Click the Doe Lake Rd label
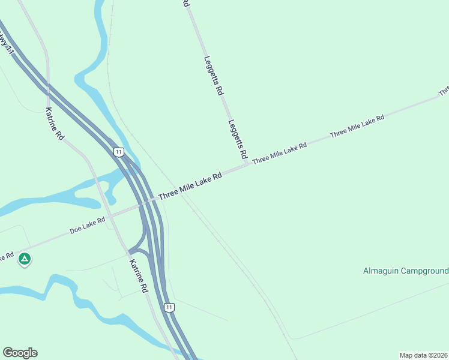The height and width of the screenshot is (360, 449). click(88, 225)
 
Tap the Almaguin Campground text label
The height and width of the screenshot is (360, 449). click(406, 271)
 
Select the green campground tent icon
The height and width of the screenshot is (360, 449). click(25, 259)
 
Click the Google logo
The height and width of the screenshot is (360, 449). click(20, 353)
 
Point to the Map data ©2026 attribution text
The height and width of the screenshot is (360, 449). click(423, 355)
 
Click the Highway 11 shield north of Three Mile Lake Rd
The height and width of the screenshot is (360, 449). click(119, 152)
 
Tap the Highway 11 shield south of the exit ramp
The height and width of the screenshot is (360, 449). click(170, 307)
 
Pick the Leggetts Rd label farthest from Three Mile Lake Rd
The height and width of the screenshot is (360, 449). click(214, 76)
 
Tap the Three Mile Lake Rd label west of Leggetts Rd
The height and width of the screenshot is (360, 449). click(190, 186)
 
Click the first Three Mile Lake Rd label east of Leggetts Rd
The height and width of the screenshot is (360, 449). click(280, 153)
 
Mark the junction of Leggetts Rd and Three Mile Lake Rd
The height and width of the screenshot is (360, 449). click(247, 165)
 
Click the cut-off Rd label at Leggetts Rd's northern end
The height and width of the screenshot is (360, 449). click(186, 3)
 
